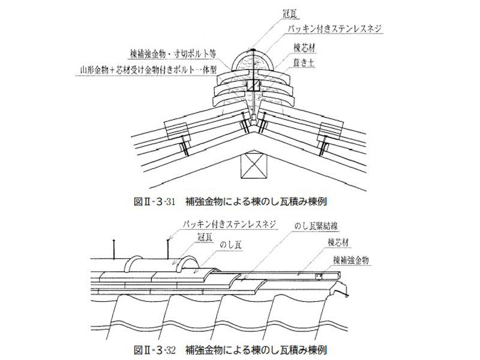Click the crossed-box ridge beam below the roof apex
point(253,166)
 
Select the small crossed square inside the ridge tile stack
point(254,86)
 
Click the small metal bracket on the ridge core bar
point(319,276)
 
